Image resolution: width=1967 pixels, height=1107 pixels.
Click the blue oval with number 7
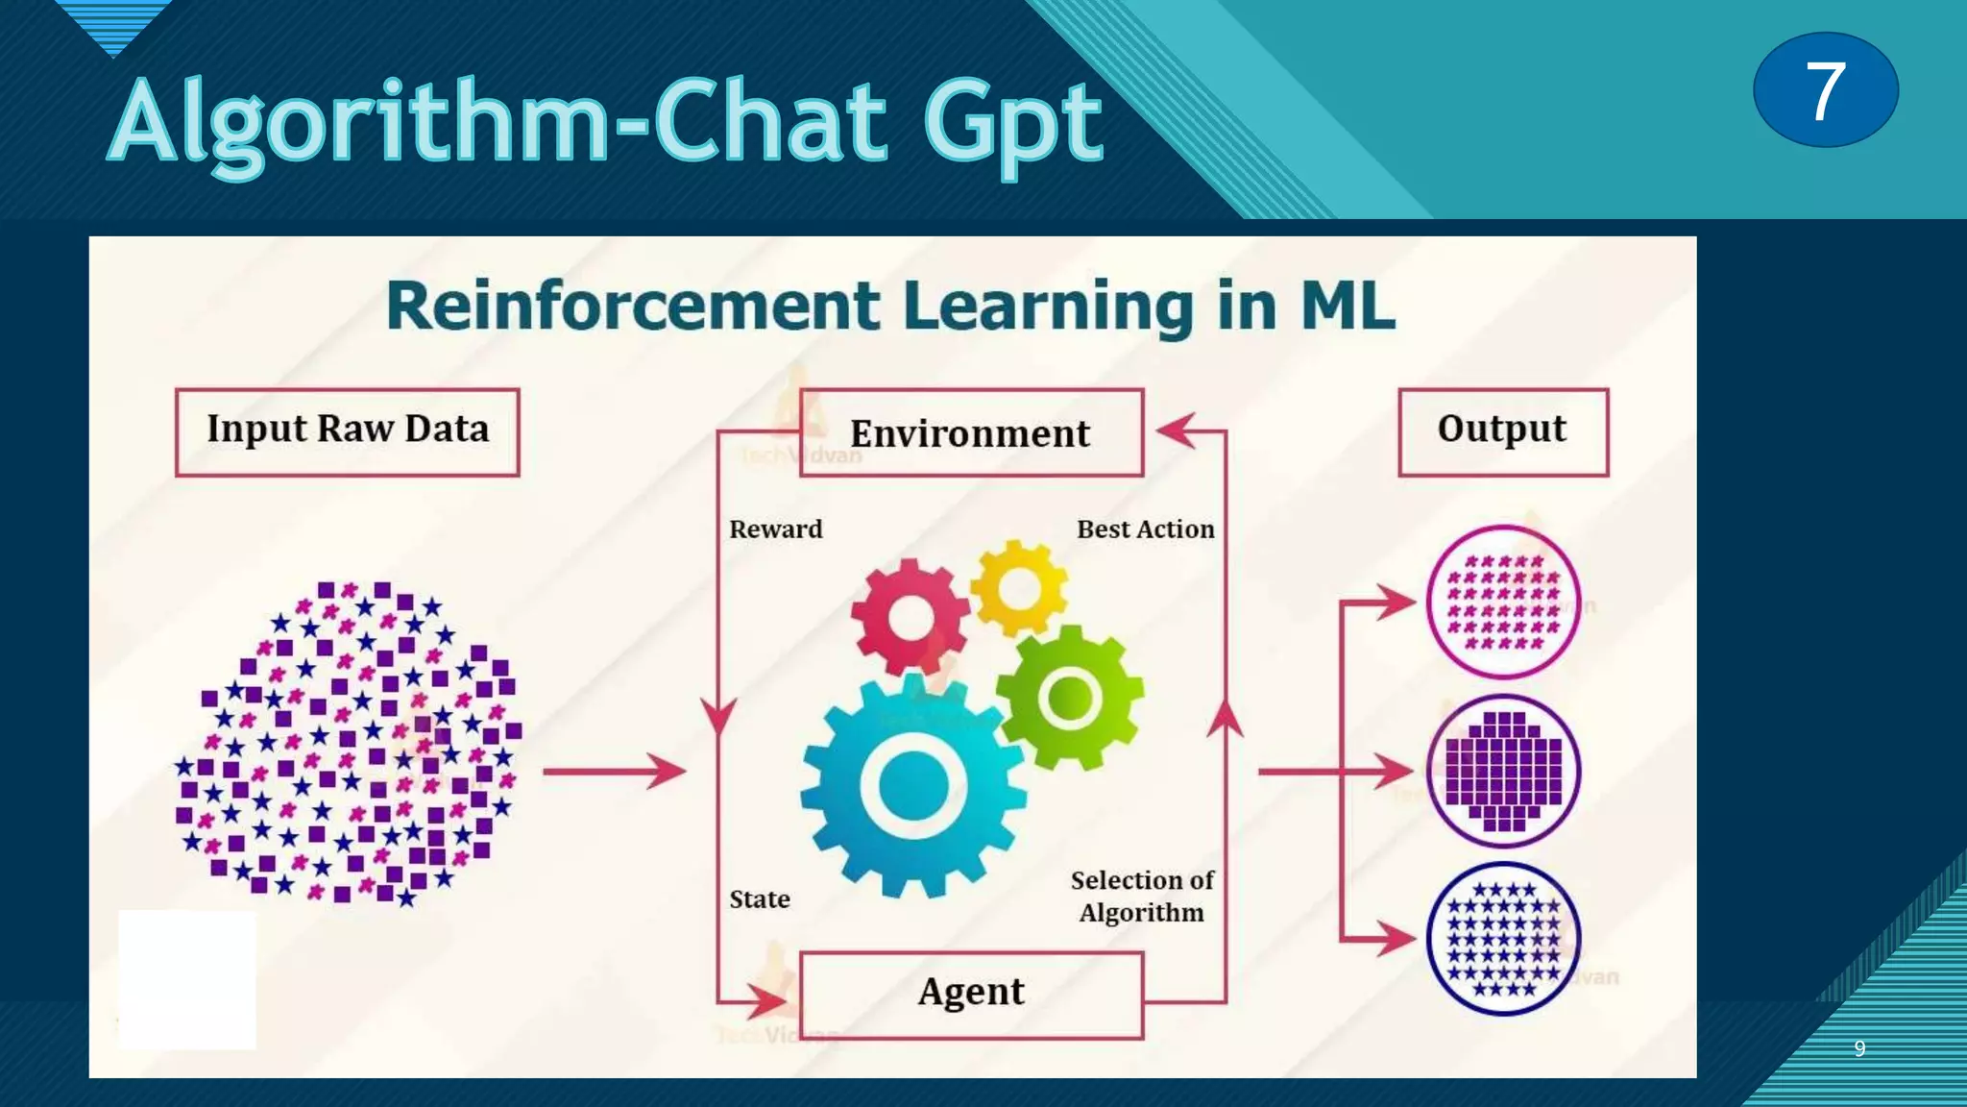[1825, 89]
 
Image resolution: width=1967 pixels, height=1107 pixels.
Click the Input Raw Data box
[348, 431]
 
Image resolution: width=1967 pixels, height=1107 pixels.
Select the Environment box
[971, 432]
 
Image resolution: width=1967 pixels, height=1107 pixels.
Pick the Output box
[1503, 431]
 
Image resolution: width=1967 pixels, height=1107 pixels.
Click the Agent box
[971, 994]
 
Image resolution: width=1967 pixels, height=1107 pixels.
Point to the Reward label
[776, 529]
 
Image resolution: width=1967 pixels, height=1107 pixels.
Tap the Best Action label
[1145, 529]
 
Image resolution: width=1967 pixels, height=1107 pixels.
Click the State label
[760, 899]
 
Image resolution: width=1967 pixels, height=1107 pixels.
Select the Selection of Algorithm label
[1142, 896]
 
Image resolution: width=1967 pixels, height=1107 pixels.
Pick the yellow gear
[1019, 587]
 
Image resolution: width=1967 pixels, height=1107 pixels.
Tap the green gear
[1070, 697]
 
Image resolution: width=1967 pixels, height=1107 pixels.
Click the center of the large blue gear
[913, 785]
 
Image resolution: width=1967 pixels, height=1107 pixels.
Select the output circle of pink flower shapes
[1503, 603]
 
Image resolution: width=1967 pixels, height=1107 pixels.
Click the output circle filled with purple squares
[1503, 771]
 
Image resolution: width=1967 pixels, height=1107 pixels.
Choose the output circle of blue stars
[1503, 939]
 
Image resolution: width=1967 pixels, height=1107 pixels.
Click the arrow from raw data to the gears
[615, 771]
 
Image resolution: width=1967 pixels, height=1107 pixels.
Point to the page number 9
[1859, 1048]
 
